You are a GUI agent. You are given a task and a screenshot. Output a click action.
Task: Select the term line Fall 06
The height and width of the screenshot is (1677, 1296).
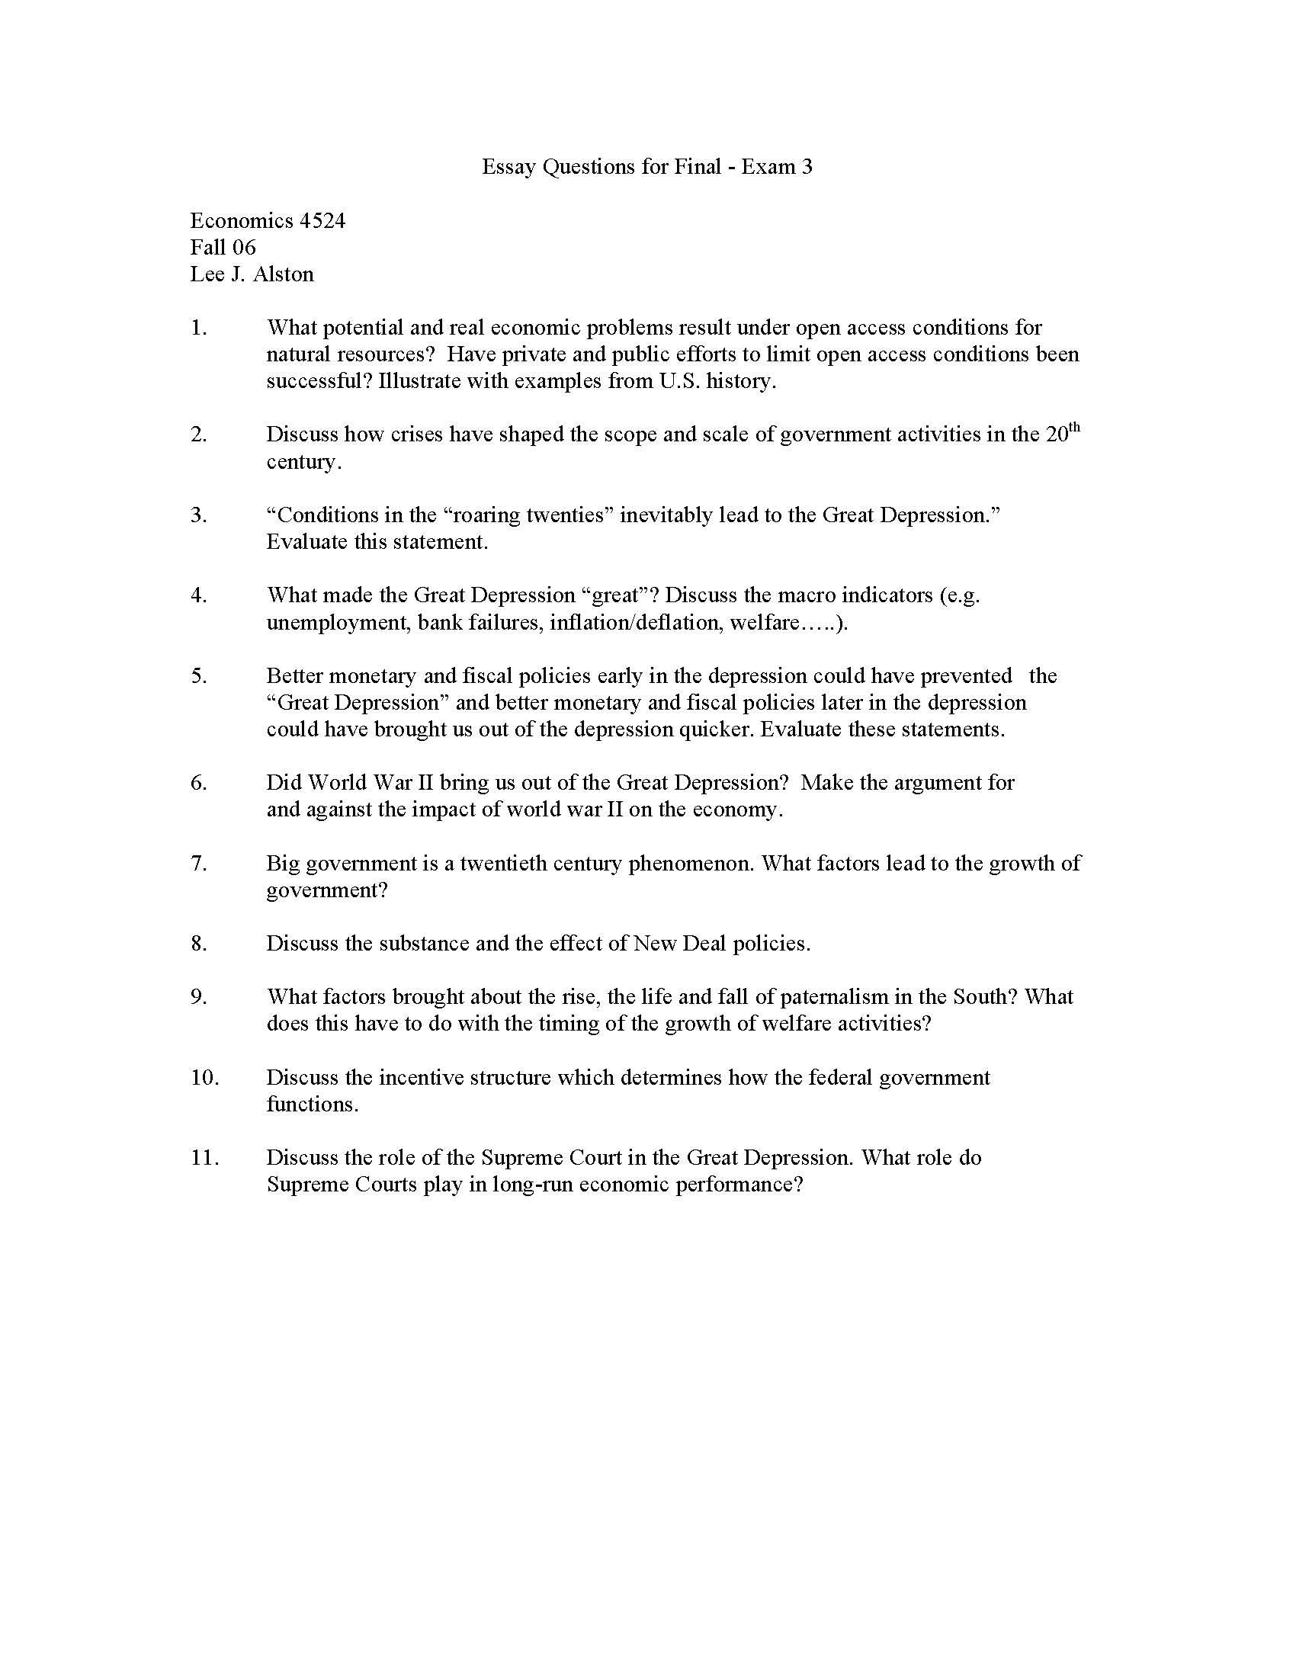coord(223,247)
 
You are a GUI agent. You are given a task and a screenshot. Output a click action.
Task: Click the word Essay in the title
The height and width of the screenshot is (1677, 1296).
coord(509,167)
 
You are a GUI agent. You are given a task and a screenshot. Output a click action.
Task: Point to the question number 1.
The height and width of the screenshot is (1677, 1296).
coord(198,328)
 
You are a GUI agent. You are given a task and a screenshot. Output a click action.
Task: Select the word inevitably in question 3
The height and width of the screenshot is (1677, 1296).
coord(666,515)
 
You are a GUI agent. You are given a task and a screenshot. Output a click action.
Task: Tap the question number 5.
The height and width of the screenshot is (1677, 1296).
coord(198,675)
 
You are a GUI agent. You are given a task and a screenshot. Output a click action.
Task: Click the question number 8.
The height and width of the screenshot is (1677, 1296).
coord(198,943)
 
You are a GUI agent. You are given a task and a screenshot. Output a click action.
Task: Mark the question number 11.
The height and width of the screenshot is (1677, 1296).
coord(204,1157)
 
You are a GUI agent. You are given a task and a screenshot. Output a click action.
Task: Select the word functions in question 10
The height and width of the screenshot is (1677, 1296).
coord(311,1105)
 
